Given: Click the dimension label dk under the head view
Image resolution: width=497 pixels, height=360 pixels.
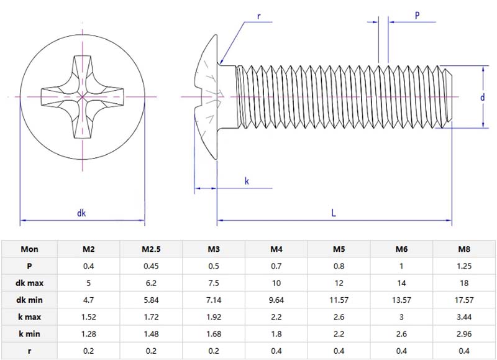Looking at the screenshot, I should point(81,213).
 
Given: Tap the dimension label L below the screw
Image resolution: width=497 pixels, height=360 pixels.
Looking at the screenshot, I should point(334,213).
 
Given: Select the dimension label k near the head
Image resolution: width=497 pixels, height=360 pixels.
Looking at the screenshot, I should point(247,181).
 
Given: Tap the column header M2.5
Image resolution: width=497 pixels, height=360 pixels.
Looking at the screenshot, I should point(151,249).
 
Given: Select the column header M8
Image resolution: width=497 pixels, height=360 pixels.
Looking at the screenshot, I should point(463,249).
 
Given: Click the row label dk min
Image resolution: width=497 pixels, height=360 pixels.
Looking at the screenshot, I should point(30,300).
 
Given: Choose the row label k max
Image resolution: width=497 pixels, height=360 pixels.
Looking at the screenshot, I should point(30,316).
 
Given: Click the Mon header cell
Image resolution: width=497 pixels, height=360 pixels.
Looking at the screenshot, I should point(30,249).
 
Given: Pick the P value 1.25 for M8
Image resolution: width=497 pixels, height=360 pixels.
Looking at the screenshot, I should point(463,266).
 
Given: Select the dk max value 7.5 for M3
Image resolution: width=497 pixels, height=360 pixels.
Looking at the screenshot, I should point(214,283).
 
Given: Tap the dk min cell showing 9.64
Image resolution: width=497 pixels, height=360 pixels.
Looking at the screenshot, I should point(276,300).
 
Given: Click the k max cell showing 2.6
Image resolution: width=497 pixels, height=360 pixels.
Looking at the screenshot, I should point(339,316).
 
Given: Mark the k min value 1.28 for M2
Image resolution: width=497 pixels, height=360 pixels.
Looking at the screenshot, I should point(89,333).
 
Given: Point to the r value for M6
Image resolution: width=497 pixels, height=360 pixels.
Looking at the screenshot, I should point(401,350).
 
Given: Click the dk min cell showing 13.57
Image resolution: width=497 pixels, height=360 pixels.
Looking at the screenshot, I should point(401,300).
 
